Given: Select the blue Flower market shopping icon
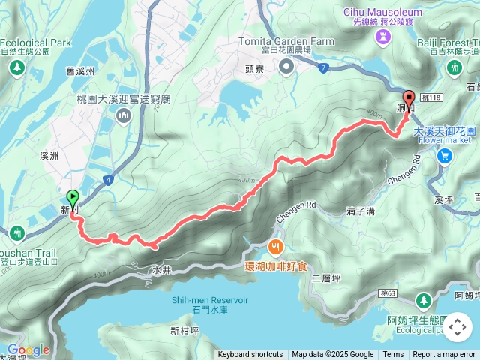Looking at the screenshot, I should click(445, 156).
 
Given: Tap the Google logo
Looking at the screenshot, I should click(28, 349).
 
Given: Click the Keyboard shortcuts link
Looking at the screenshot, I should click(250, 355).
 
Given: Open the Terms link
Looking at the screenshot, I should click(393, 355).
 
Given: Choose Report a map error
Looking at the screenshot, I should click(445, 355).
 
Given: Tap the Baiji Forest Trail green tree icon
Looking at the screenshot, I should click(453, 67).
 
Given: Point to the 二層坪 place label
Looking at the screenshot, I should click(327, 278).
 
